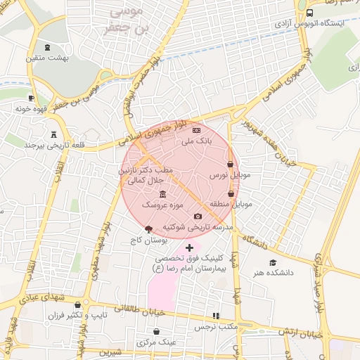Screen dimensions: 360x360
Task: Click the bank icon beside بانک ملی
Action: tap(196, 130)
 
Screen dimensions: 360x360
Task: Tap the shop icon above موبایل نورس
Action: tap(230, 164)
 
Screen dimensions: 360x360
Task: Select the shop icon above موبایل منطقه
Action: tap(231, 193)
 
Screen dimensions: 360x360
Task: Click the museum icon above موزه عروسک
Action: tap(162, 194)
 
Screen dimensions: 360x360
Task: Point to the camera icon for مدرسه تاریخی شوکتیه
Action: tap(198, 216)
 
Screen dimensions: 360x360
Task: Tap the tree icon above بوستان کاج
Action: tap(148, 229)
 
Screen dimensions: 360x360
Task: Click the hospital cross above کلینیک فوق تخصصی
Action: tap(188, 247)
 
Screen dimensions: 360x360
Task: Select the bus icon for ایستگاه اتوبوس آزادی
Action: tap(309, 13)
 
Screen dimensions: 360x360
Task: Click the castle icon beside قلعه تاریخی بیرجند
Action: tap(53, 134)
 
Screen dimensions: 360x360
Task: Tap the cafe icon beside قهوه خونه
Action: tap(31, 98)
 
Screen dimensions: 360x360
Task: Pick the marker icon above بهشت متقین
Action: tap(47, 47)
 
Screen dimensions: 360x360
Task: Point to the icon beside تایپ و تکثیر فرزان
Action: tap(74, 316)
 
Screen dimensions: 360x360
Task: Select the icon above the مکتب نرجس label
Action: tap(216, 316)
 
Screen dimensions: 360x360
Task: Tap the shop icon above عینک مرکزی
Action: tap(156, 331)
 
